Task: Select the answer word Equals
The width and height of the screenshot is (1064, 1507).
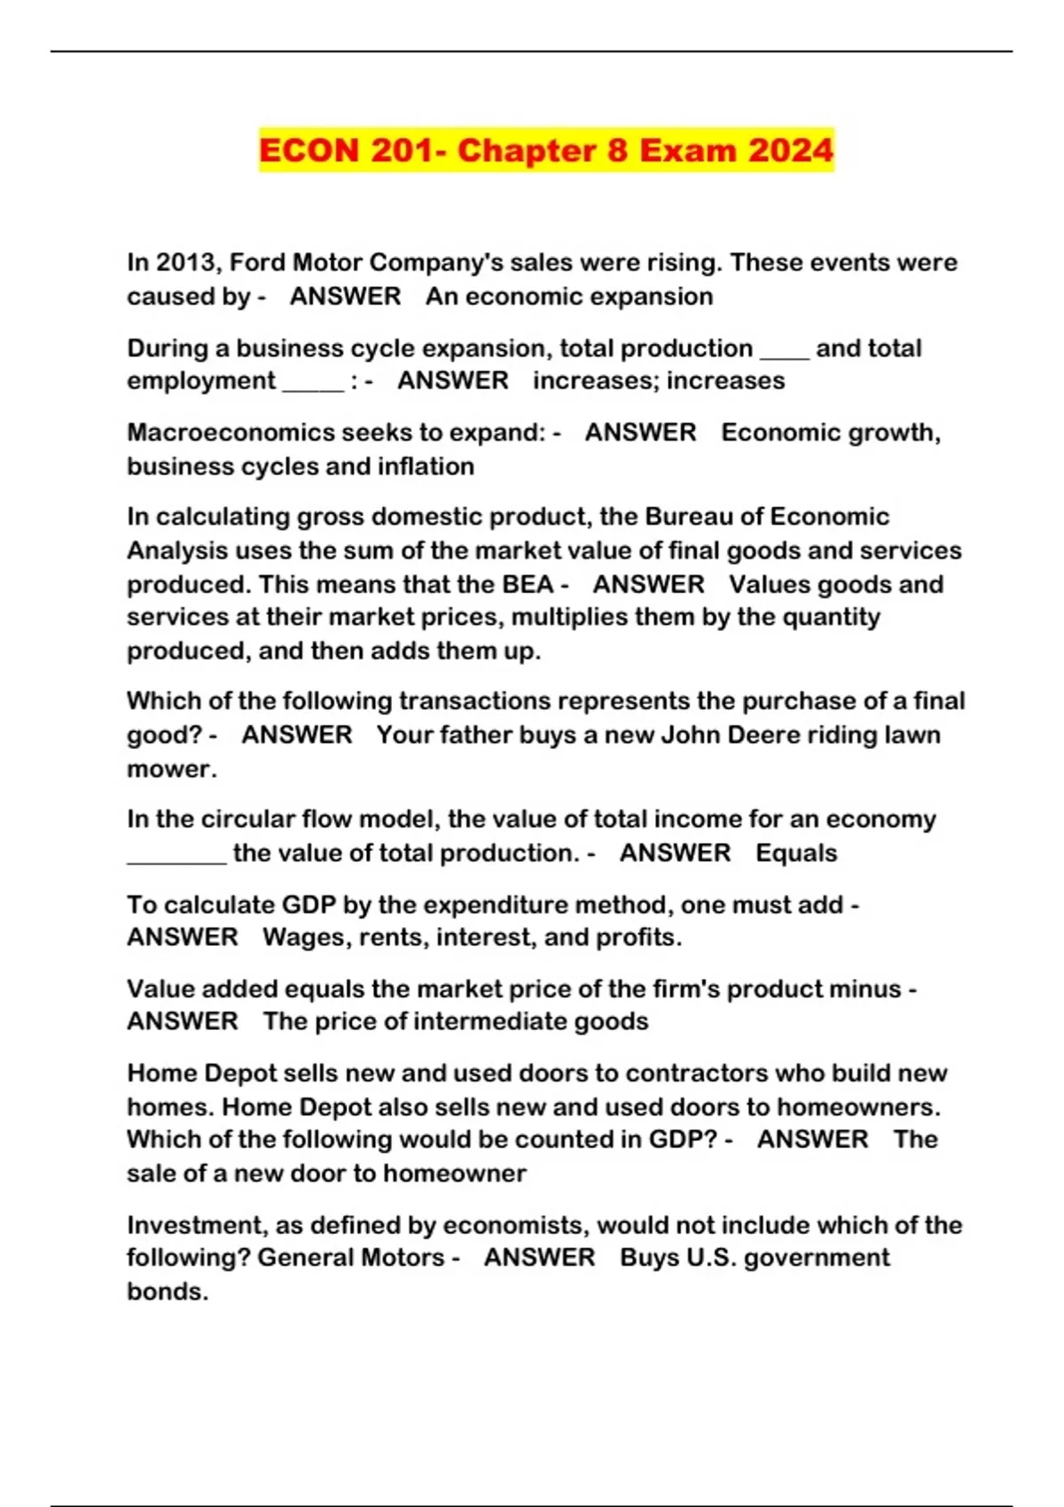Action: tap(796, 853)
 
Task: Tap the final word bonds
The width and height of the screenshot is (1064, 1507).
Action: tap(166, 1292)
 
